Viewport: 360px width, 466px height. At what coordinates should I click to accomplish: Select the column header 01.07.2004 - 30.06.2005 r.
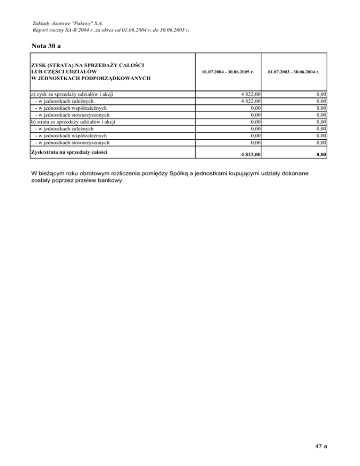[228, 72]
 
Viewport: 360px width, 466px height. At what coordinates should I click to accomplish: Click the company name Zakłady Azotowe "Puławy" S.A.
[68, 23]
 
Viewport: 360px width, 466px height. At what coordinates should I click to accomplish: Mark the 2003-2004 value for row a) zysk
[321, 94]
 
